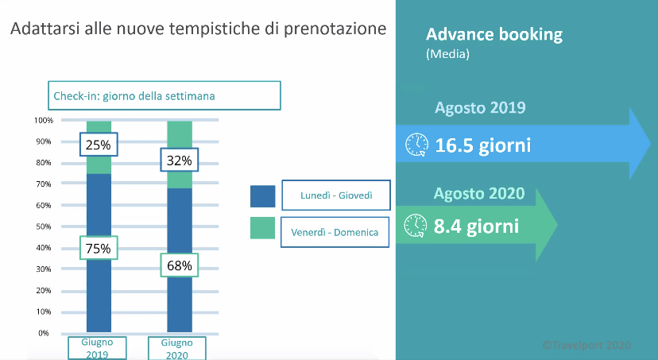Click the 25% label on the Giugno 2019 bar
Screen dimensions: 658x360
(x=99, y=145)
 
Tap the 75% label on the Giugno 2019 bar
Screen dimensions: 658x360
(x=99, y=248)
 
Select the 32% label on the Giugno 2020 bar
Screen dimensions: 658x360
(x=179, y=160)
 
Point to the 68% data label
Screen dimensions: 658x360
(x=179, y=265)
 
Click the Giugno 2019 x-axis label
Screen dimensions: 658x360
(x=98, y=348)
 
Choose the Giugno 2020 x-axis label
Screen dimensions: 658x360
(x=177, y=348)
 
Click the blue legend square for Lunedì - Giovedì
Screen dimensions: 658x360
(x=263, y=196)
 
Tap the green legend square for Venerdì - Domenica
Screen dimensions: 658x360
(x=263, y=228)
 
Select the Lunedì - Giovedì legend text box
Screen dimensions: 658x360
(x=336, y=195)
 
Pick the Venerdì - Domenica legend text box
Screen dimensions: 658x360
(x=335, y=232)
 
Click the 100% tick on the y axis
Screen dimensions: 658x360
(x=44, y=121)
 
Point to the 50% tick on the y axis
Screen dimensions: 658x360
(x=44, y=226)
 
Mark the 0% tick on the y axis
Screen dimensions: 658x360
(x=44, y=333)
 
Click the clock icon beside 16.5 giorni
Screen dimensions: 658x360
(x=416, y=145)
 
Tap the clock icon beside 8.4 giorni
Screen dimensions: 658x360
(x=416, y=226)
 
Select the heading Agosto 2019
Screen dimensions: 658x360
(x=480, y=108)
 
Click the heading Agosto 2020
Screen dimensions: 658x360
(x=479, y=193)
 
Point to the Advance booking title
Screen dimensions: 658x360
(x=494, y=34)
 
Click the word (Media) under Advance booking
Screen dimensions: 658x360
(x=447, y=54)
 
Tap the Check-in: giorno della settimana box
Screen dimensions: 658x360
(x=164, y=95)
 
